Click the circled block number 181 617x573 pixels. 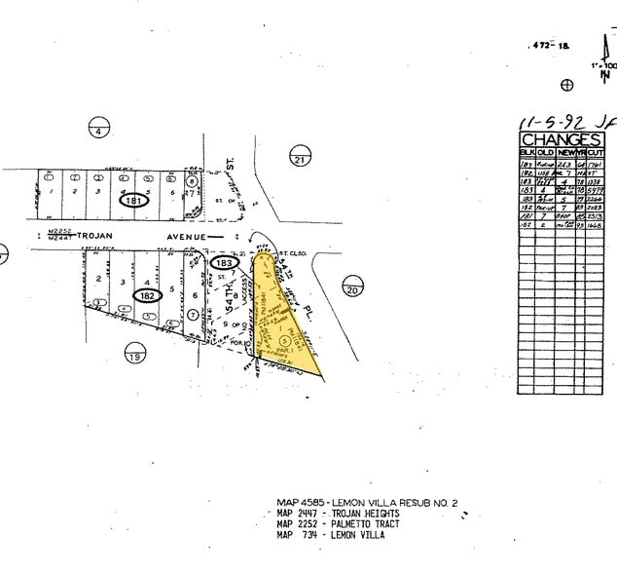tap(135, 201)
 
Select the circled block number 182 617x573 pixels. tap(148, 295)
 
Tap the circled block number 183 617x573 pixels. tap(224, 263)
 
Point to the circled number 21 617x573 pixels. tap(299, 158)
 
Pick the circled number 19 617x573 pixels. tap(134, 357)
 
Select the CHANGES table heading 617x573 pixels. tap(562, 140)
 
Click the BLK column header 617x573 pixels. tap(526, 153)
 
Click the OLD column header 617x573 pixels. tap(546, 153)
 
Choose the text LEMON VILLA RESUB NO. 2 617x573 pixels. tap(401, 503)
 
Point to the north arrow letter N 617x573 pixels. tap(606, 76)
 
